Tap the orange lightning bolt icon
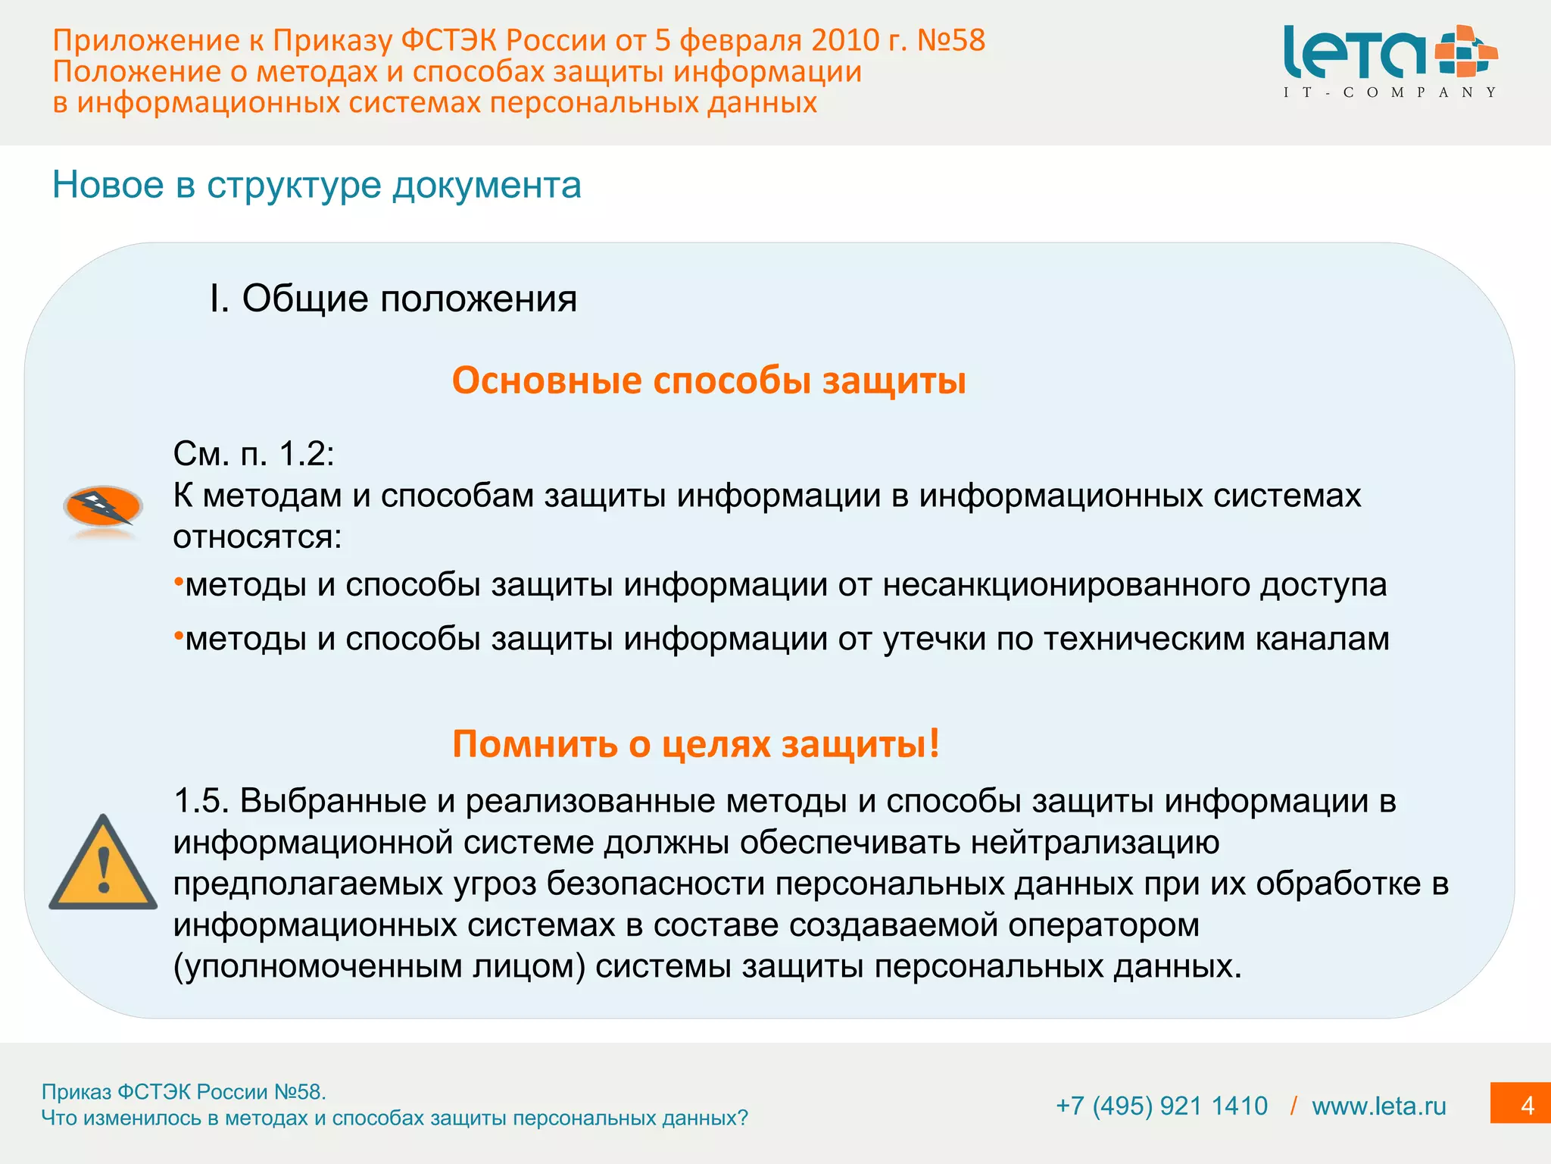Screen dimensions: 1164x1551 tap(103, 506)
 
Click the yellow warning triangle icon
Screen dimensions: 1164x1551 tap(103, 865)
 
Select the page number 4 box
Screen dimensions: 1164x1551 tap(1521, 1106)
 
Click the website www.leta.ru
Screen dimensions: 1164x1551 tap(1378, 1106)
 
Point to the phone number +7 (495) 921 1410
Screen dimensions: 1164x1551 tap(1161, 1106)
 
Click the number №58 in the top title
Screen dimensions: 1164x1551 tap(950, 40)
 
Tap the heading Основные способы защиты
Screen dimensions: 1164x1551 tap(709, 380)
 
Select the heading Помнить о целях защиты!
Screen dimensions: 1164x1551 tap(695, 743)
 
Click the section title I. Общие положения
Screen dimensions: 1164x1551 tap(393, 299)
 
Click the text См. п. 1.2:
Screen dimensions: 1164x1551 tap(254, 454)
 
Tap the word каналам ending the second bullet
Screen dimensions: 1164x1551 tap(1322, 639)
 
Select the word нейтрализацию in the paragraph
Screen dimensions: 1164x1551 tap(1095, 843)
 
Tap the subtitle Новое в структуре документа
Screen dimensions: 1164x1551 tap(317, 185)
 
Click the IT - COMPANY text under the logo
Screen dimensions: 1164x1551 tap(1390, 92)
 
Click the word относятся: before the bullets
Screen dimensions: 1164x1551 tap(257, 537)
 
